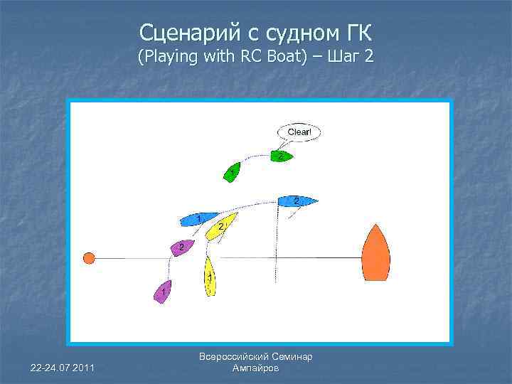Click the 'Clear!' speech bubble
click(299, 132)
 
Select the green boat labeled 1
click(233, 172)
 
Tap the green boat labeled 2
click(282, 156)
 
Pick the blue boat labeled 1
click(199, 218)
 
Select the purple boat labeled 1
click(164, 292)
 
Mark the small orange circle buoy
click(89, 258)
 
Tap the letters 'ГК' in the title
click(356, 33)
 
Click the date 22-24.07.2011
click(63, 367)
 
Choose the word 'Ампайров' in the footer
click(256, 368)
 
